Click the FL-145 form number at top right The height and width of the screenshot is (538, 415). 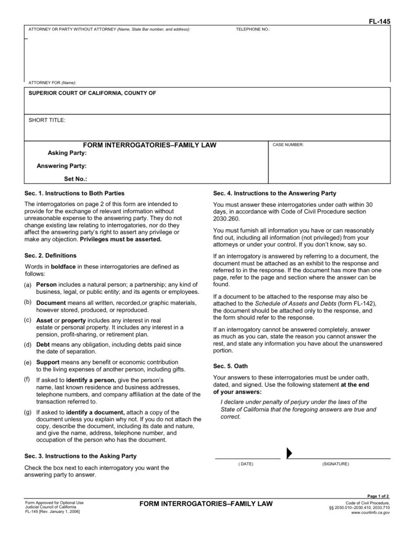[x=380, y=21]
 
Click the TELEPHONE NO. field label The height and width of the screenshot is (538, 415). [x=253, y=29]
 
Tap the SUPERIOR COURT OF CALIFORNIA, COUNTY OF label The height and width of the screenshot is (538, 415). [x=92, y=93]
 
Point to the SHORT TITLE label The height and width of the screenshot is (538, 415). [x=47, y=120]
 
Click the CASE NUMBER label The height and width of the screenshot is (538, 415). [x=288, y=144]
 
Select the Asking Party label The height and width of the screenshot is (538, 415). [x=67, y=153]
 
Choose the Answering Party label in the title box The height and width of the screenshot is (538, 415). [x=61, y=166]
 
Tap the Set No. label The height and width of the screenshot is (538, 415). [x=75, y=179]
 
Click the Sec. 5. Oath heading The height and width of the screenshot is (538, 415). [x=230, y=365]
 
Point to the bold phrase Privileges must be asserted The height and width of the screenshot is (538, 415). [x=121, y=239]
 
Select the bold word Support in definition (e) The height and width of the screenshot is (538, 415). [x=48, y=363]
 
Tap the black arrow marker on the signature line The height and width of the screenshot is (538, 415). [x=289, y=453]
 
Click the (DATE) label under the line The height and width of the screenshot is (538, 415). [x=246, y=464]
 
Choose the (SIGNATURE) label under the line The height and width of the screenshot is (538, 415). [x=335, y=464]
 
